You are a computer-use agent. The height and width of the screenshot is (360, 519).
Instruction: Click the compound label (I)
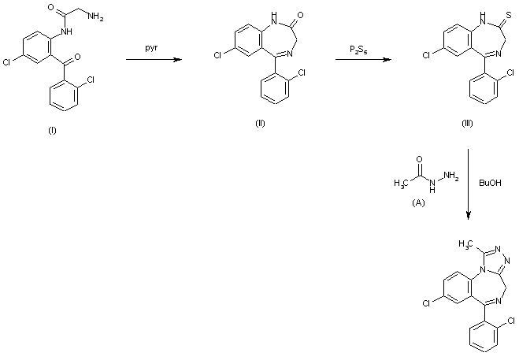pos(52,130)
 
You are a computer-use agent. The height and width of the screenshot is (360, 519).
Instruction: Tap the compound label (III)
pos(467,125)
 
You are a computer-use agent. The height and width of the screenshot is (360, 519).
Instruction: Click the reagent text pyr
pos(150,48)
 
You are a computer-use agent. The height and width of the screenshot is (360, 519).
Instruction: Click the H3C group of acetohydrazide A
pos(402,184)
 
